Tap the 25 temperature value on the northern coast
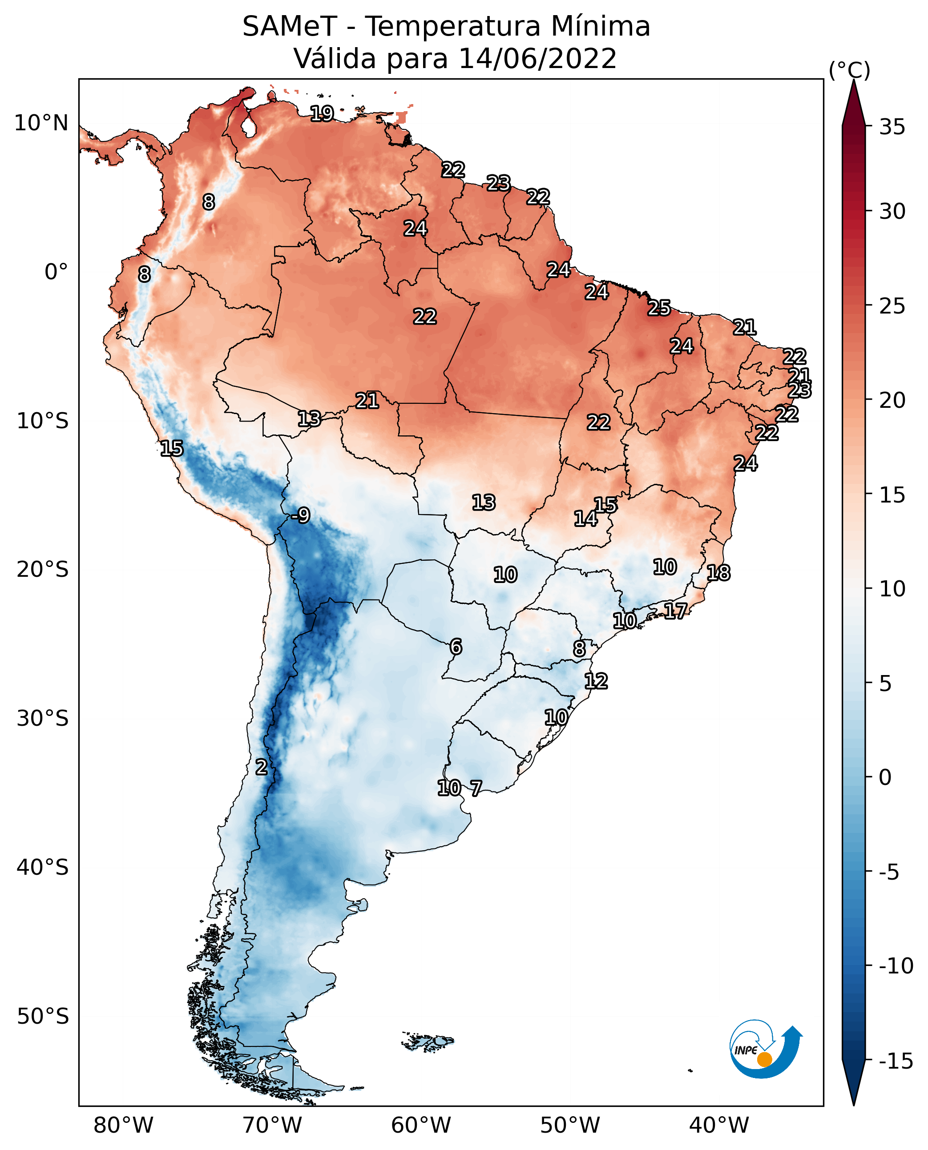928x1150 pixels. pyautogui.click(x=659, y=308)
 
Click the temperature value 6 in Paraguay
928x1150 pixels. pyautogui.click(x=456, y=647)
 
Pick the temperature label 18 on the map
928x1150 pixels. pyautogui.click(x=718, y=573)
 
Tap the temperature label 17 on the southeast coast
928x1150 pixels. pyautogui.click(x=676, y=611)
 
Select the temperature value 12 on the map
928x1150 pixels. pyautogui.click(x=596, y=681)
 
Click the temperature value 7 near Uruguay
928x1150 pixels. pyautogui.click(x=476, y=788)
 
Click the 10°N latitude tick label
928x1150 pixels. pyautogui.click(x=41, y=124)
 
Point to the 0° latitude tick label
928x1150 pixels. pyautogui.click(x=56, y=272)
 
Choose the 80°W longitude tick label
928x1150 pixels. pyautogui.click(x=124, y=1126)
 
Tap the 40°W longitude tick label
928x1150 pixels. pyautogui.click(x=719, y=1126)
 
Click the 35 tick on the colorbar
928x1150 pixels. pyautogui.click(x=892, y=127)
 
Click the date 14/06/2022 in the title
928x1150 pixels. pyautogui.click(x=538, y=59)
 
